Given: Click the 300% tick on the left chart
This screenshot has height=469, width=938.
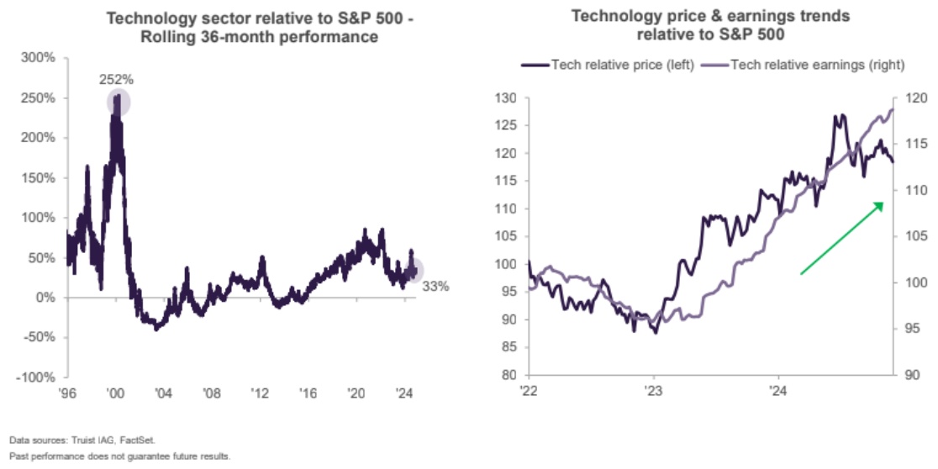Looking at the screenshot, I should coord(39,58).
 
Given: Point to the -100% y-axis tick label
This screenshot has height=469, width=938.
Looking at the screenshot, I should coord(36,377).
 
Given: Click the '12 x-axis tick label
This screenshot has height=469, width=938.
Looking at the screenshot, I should coord(261,393).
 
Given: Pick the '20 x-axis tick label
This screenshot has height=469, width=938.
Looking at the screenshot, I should coord(357,393).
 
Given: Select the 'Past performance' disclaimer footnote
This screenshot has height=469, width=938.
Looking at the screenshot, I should coord(120,456).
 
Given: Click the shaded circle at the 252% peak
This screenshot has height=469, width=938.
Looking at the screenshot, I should coord(119,102).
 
